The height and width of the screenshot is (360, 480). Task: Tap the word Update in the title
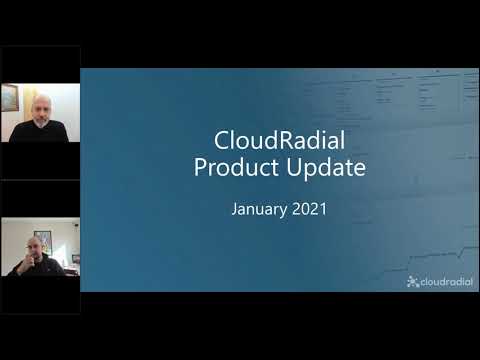[328, 167]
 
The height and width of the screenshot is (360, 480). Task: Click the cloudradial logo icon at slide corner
[412, 282]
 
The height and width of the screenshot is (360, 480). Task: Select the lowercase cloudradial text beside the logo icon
[447, 282]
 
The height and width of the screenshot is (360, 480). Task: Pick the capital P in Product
[201, 167]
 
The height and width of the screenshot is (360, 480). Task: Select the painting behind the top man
[9, 97]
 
